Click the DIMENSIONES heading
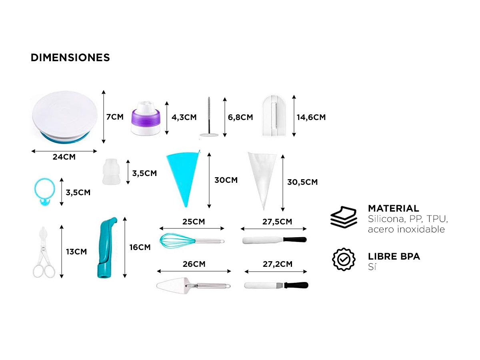(x=70, y=58)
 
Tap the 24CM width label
(x=64, y=157)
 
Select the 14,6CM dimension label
(x=311, y=117)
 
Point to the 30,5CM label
(x=302, y=182)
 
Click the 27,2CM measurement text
(x=278, y=264)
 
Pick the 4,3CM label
(x=184, y=117)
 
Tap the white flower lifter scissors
(x=44, y=252)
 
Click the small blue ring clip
(x=44, y=192)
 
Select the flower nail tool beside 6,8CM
(x=209, y=117)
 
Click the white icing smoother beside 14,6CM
(x=273, y=116)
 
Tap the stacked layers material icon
(x=344, y=217)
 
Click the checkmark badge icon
(x=344, y=260)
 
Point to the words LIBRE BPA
(x=394, y=256)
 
